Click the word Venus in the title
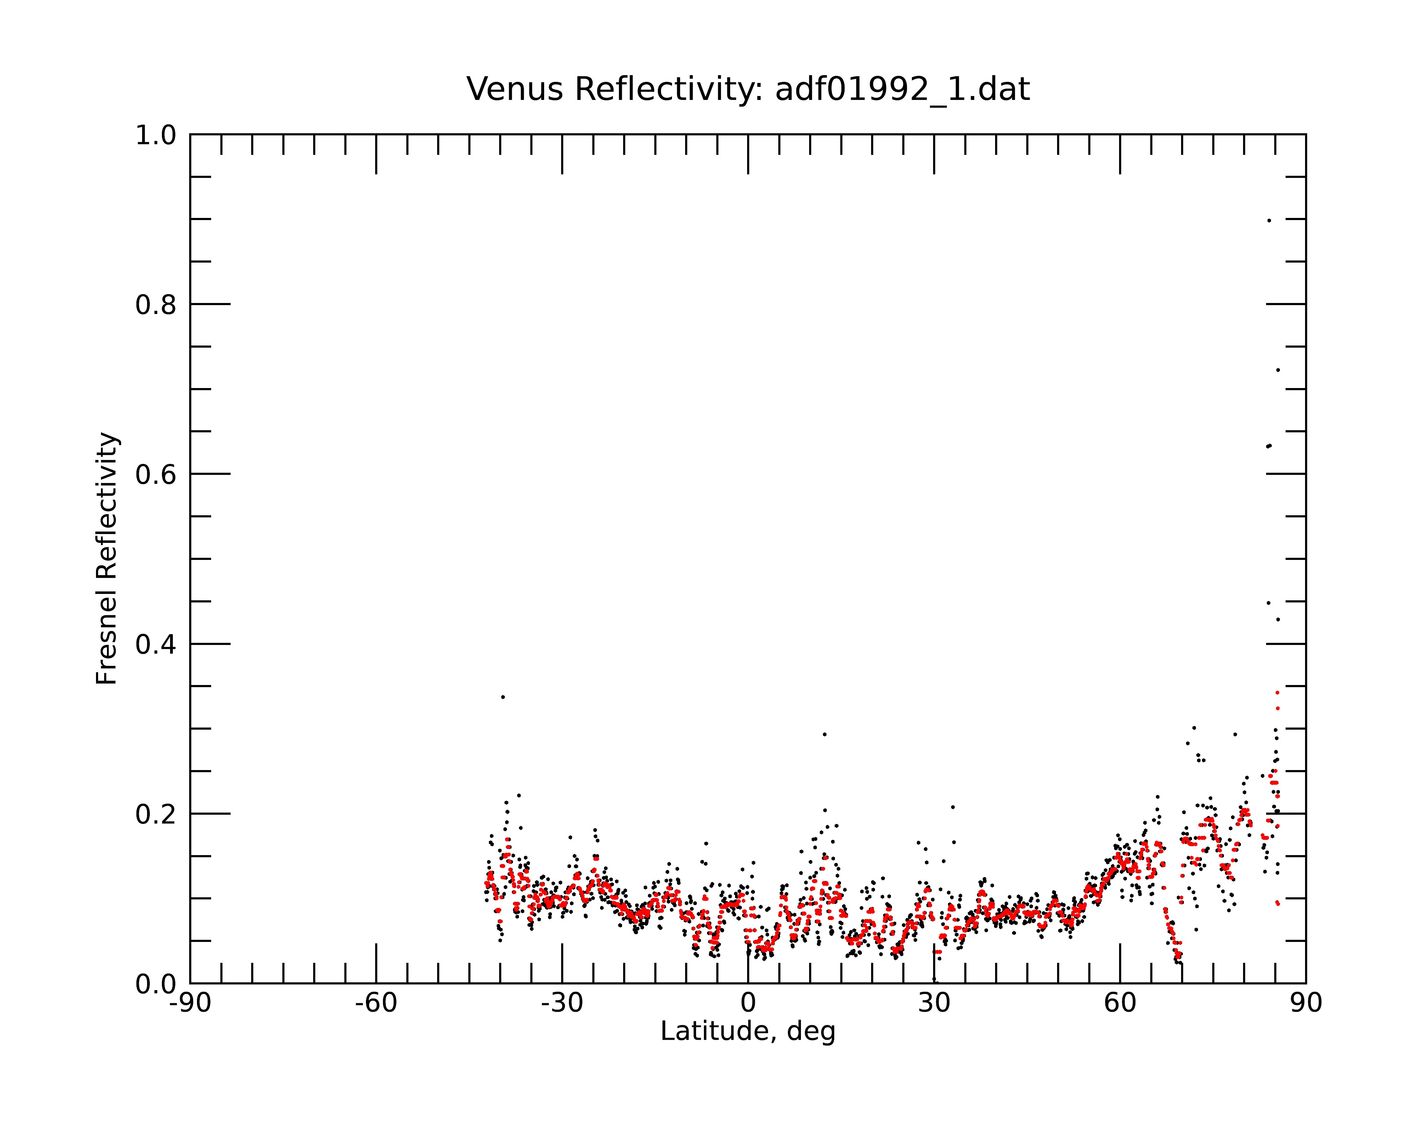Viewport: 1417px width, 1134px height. [x=515, y=89]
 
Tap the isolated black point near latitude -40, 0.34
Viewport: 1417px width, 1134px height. [x=503, y=697]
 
